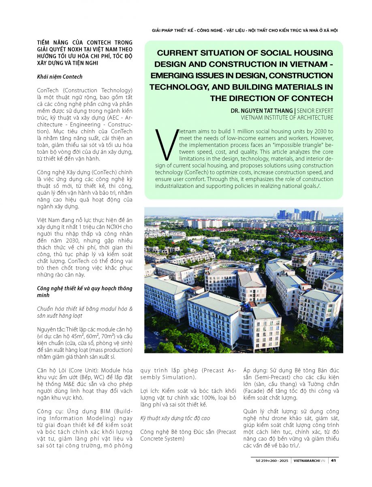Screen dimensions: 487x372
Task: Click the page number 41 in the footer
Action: click(x=333, y=460)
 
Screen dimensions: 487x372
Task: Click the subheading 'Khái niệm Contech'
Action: click(x=60, y=76)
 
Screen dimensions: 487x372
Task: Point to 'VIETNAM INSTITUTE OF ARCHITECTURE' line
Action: click(x=287, y=118)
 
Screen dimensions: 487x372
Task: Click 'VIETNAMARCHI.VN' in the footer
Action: click(x=309, y=460)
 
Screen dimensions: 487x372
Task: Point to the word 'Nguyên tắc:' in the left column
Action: click(x=51, y=329)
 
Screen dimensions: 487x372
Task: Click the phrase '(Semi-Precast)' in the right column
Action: click(x=266, y=377)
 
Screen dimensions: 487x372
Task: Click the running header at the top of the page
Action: click(x=245, y=30)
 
